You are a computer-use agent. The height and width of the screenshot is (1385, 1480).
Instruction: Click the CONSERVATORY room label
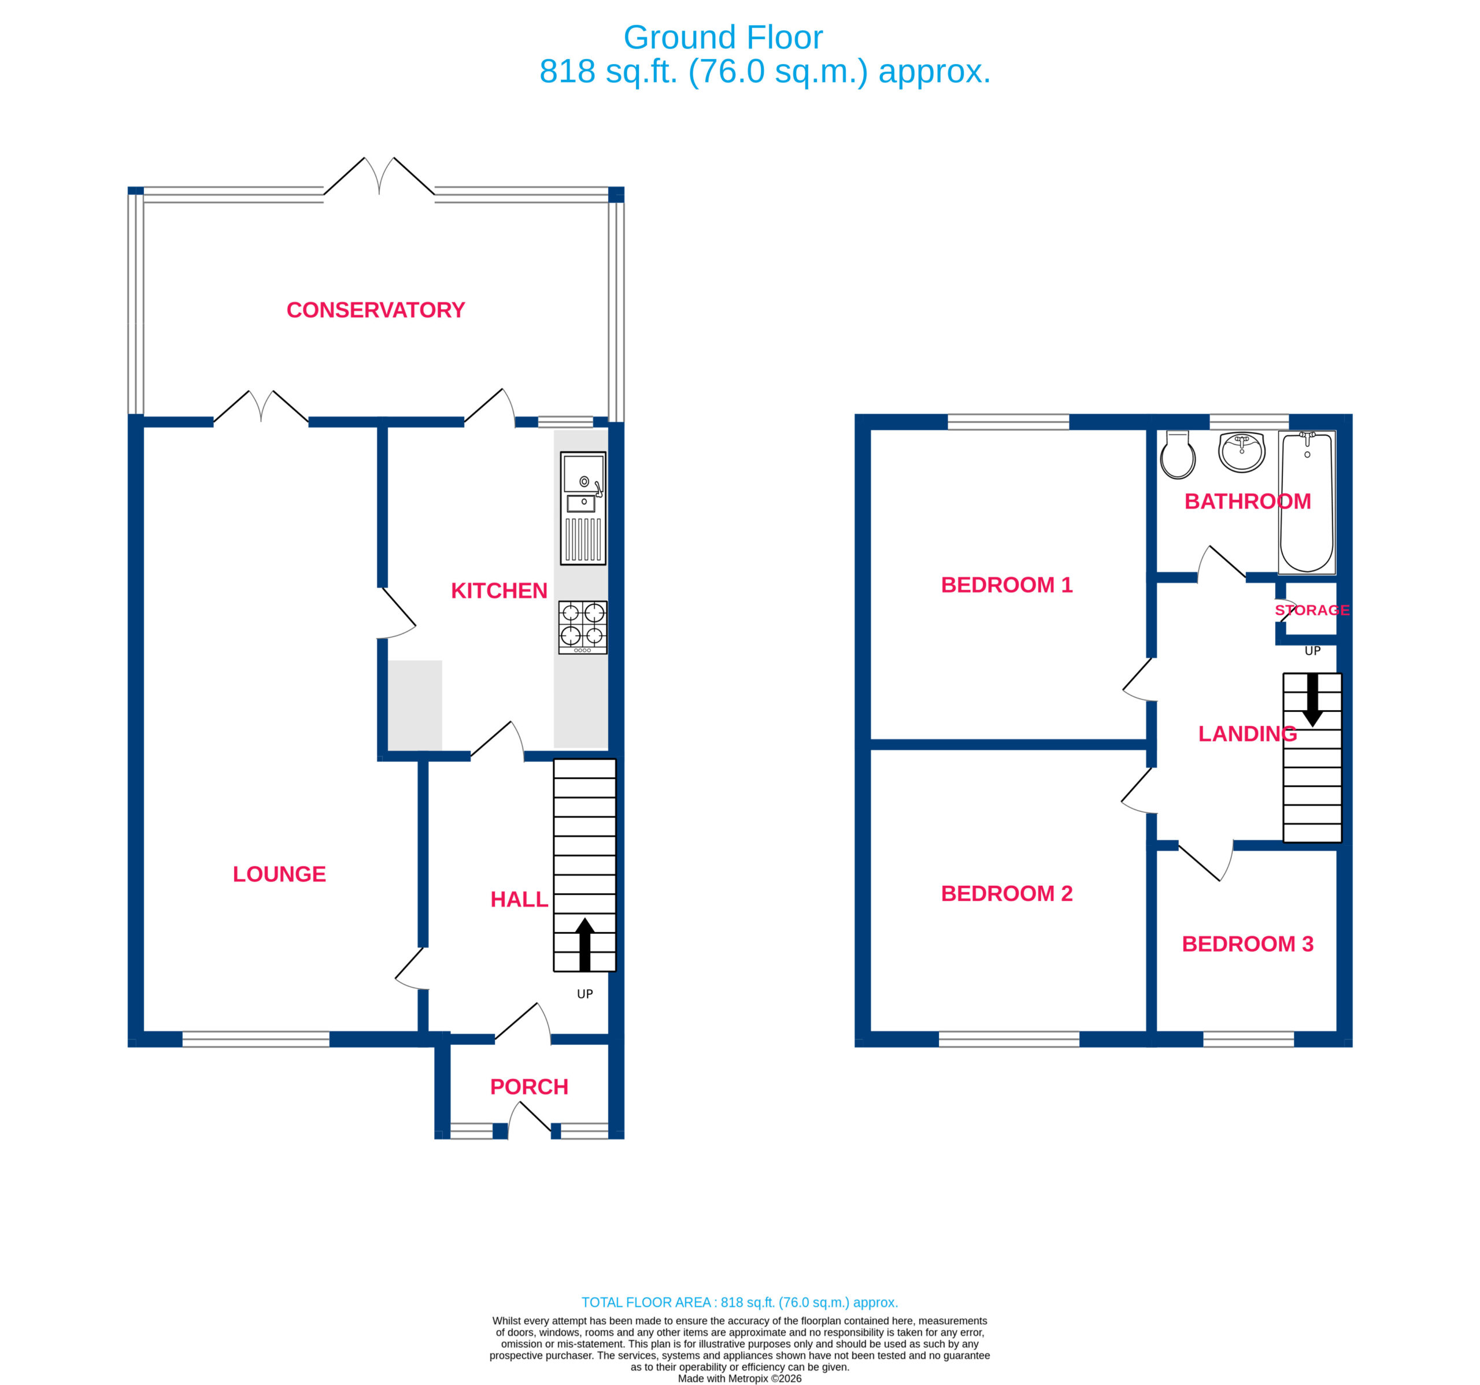(x=375, y=310)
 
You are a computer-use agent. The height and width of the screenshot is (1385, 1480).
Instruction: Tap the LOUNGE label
(x=279, y=874)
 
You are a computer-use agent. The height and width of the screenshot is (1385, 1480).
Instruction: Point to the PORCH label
(x=528, y=1087)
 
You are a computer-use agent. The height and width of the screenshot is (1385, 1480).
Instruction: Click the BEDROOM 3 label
(x=1248, y=944)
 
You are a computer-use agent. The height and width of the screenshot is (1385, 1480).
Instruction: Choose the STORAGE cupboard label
(x=1312, y=610)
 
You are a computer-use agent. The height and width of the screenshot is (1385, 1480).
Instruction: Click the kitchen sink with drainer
(x=583, y=508)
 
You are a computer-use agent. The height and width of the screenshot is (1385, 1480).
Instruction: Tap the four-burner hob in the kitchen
(x=583, y=627)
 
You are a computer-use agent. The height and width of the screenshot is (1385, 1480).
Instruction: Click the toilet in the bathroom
(x=1178, y=455)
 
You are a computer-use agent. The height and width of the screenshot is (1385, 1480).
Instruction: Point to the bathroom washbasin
(x=1242, y=452)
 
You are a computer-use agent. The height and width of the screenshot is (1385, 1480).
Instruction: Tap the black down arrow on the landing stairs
(x=1312, y=700)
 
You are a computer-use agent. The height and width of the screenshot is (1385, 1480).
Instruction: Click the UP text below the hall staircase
(x=585, y=994)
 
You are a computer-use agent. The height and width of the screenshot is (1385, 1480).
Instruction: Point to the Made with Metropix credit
(x=739, y=1378)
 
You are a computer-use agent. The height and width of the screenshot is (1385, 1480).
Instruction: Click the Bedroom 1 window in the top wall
(x=1008, y=422)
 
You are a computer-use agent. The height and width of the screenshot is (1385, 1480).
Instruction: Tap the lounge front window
(x=256, y=1039)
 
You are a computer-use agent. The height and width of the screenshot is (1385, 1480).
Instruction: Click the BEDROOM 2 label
(x=1007, y=893)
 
